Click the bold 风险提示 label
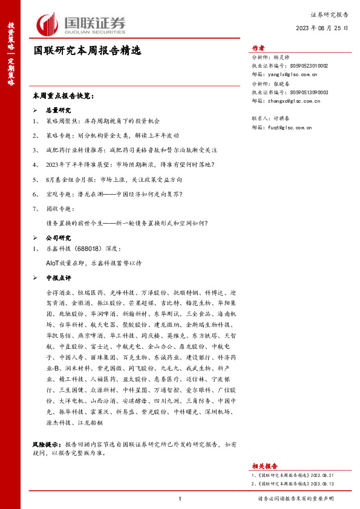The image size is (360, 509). coord(47,444)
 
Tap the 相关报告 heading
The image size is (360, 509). coord(264,465)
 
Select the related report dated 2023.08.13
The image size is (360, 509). coord(290,484)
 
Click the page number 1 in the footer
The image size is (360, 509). coord(180,498)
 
